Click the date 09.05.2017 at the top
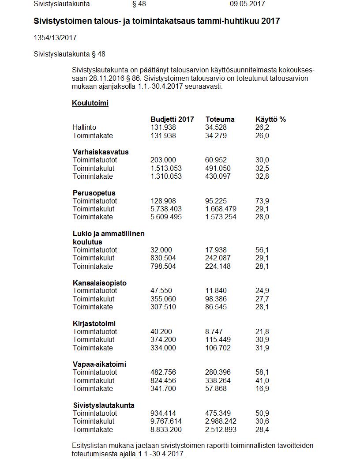[x=247, y=4]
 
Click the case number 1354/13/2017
[x=55, y=38]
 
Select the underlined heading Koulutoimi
[x=90, y=103]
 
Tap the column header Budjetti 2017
[x=172, y=119]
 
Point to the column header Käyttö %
[x=270, y=119]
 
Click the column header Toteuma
[x=220, y=119]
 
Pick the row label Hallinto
[x=84, y=128]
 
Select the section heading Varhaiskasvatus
[x=101, y=152]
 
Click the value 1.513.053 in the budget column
[x=166, y=168]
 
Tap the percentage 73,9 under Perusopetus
[x=262, y=201]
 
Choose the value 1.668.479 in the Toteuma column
[x=221, y=209]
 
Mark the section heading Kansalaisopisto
[x=99, y=283]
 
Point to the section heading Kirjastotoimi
[x=94, y=323]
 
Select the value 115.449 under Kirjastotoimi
[x=217, y=339]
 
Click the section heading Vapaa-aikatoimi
[x=99, y=365]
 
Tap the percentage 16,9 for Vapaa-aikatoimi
[x=262, y=388]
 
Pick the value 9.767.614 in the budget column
[x=166, y=421]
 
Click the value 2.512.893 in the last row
[x=221, y=429]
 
